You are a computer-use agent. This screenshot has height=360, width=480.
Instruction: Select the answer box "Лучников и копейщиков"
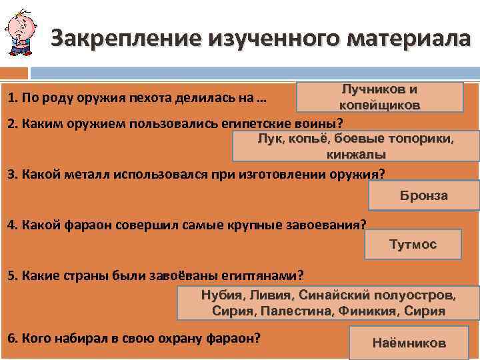pos(379,97)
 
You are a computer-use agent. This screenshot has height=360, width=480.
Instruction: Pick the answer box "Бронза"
pos(423,195)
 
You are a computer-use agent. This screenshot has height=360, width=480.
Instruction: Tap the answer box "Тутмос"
pos(413,244)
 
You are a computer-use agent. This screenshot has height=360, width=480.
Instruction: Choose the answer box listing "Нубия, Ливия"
pos(329,303)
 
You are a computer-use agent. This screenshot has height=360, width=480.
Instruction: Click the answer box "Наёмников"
pos(409,343)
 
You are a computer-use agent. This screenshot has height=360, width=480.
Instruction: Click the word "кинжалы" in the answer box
pos(356,154)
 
